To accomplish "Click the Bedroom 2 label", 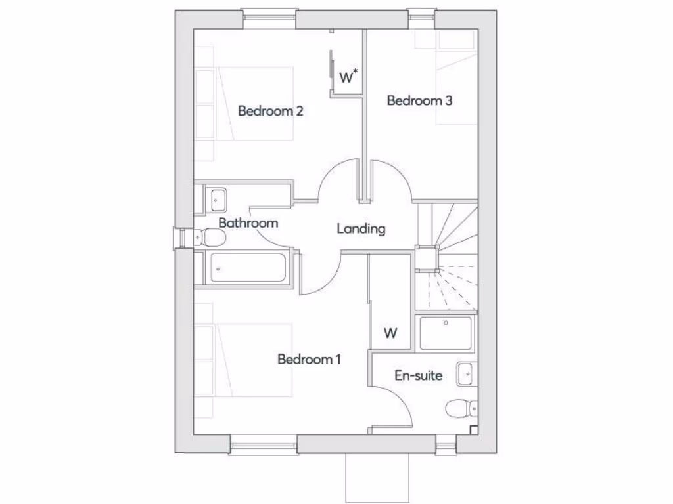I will point(270,111).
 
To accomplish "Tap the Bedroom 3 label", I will point(419,101).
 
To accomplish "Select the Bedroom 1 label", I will point(309,360).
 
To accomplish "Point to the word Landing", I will point(361,229).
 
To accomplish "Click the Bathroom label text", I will point(248,223).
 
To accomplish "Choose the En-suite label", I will point(418,376).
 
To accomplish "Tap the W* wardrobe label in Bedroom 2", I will point(348,77).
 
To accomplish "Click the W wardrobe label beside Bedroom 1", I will point(390,333).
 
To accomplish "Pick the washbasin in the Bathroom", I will point(218,198).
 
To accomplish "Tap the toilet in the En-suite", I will point(460,409).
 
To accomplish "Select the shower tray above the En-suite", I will point(446,333).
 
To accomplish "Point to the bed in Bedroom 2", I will point(256,103).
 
